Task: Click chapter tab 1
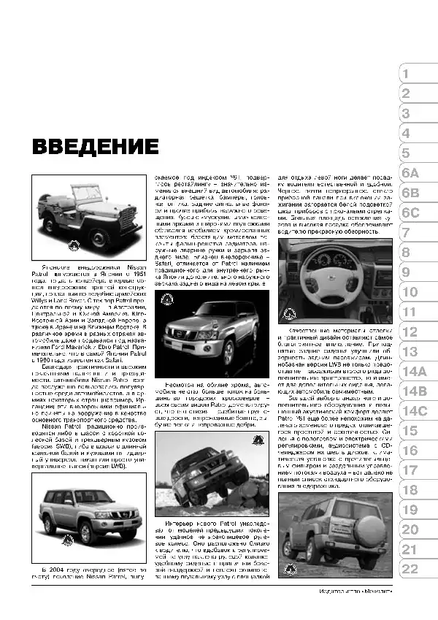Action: [x=407, y=74]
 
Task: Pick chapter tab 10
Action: [x=410, y=292]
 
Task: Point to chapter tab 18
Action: [x=410, y=490]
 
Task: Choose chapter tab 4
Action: [x=407, y=134]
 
